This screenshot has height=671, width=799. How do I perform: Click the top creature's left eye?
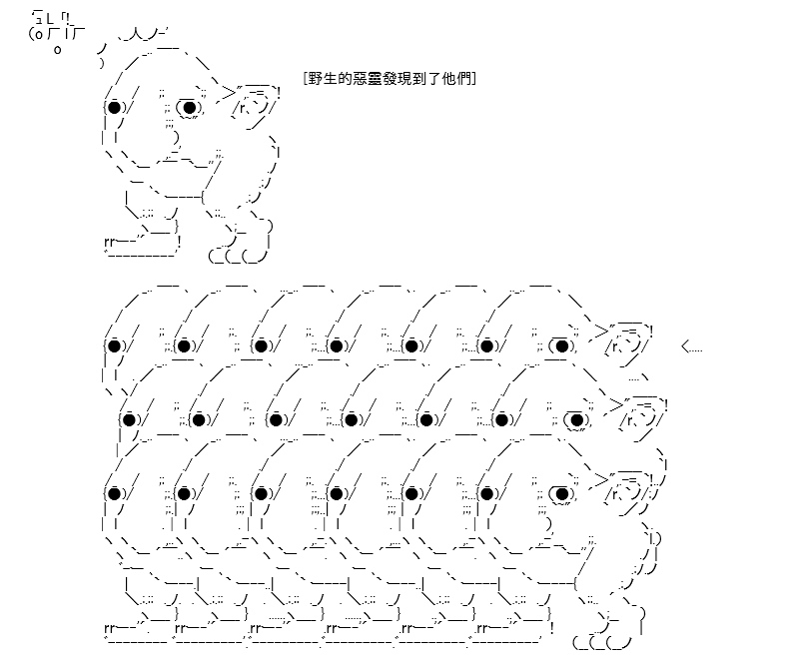114,108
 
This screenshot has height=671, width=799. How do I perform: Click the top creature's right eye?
189,108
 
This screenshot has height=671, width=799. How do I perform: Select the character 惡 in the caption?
362,79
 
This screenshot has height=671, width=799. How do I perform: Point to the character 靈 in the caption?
376,79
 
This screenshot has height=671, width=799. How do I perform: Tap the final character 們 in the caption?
464,79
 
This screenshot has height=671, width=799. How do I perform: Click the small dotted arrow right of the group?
691,348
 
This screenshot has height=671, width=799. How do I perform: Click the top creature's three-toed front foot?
239,255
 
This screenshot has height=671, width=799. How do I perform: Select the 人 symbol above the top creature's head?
135,35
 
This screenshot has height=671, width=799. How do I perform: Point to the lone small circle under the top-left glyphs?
58,50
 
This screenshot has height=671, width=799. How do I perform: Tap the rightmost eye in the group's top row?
562,345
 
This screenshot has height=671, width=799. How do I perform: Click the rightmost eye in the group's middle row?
577,419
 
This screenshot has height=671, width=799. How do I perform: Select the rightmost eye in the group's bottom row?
562,493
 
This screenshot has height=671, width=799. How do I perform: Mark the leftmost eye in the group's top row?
114,345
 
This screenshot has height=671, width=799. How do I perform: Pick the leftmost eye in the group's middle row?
130,419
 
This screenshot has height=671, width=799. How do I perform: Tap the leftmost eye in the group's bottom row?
114,493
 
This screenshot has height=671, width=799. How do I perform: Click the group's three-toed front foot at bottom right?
602,642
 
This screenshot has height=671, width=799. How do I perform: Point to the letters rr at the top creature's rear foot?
109,242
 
